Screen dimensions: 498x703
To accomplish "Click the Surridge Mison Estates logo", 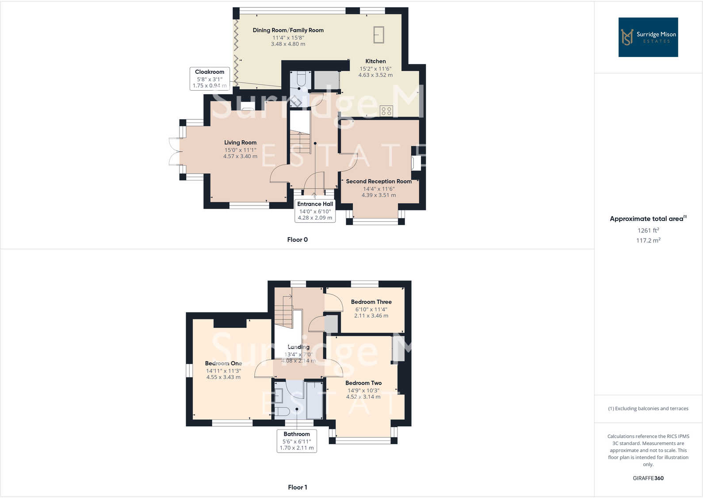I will pyautogui.click(x=648, y=37).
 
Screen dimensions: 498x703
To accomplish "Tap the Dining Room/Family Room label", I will pyautogui.click(x=288, y=30).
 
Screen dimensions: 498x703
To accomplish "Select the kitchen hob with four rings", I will pyautogui.click(x=386, y=110).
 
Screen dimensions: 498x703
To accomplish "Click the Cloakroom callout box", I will pyautogui.click(x=210, y=79).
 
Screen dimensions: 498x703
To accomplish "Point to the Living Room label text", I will pyautogui.click(x=240, y=142).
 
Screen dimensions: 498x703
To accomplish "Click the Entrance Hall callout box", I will pyautogui.click(x=315, y=211).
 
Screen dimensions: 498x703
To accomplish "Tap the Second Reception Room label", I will pyautogui.click(x=378, y=181).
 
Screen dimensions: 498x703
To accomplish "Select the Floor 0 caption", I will pyautogui.click(x=297, y=239).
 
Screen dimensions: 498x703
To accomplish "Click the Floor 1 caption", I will pyautogui.click(x=297, y=487).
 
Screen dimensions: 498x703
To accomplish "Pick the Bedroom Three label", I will pyautogui.click(x=371, y=302).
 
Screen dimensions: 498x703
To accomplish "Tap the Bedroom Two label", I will pyautogui.click(x=363, y=383).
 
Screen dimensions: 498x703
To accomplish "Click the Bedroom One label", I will pyautogui.click(x=223, y=363).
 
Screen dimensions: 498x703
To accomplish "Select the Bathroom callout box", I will pyautogui.click(x=297, y=441).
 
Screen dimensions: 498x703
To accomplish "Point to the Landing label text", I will pyautogui.click(x=298, y=347).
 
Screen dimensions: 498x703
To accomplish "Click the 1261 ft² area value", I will pyautogui.click(x=648, y=230).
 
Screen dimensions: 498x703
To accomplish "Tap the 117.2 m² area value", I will pyautogui.click(x=648, y=240).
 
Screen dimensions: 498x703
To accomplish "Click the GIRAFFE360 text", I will pyautogui.click(x=648, y=478).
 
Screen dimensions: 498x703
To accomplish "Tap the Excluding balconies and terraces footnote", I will pyautogui.click(x=648, y=408).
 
